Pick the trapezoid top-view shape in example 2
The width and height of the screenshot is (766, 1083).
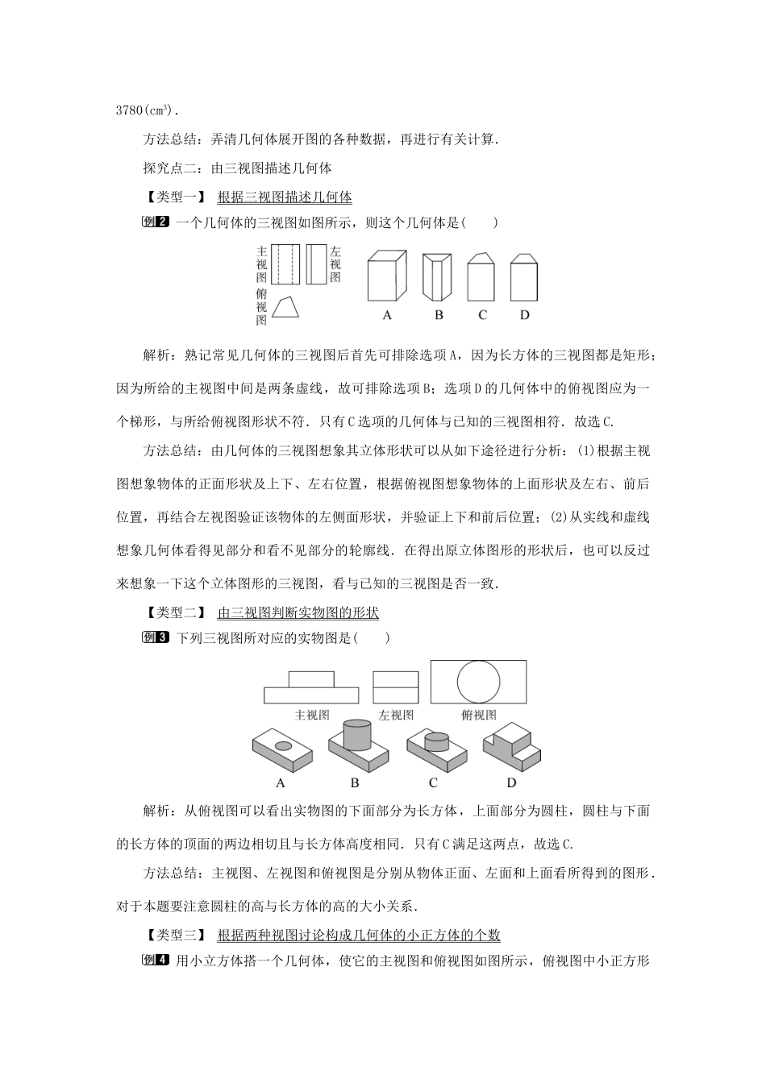(286, 308)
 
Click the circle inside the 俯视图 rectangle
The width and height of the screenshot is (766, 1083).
(479, 681)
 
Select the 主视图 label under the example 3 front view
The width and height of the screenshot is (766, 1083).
(312, 715)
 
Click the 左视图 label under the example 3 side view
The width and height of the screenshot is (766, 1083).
(396, 715)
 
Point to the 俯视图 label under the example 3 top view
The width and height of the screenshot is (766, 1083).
(479, 715)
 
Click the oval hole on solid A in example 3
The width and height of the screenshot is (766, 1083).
(284, 745)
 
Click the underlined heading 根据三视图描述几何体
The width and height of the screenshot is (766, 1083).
(285, 197)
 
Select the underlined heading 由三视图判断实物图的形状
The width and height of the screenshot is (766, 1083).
(298, 612)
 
